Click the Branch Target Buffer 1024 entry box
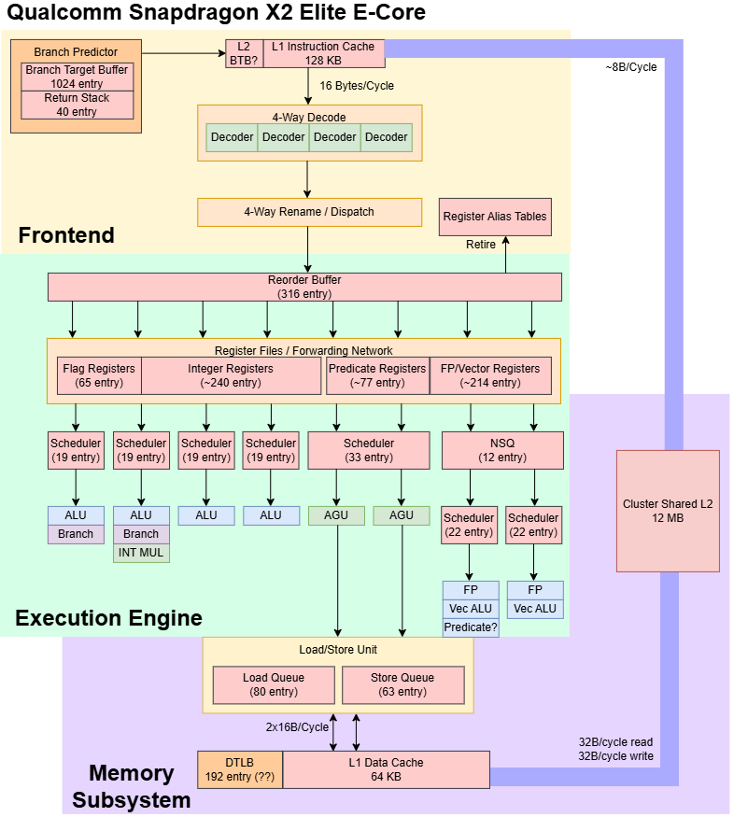(78, 77)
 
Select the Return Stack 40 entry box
(78, 105)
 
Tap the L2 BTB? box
(245, 53)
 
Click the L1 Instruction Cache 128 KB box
(324, 53)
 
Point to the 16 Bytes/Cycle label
(357, 86)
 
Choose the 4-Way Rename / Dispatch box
(309, 212)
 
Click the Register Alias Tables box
(495, 217)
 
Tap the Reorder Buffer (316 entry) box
(304, 287)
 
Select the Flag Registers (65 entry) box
(99, 375)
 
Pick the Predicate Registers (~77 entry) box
(377, 375)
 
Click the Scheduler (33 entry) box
(369, 450)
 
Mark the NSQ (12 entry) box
(502, 450)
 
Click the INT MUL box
(141, 553)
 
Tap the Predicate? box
(471, 627)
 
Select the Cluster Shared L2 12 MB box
(668, 511)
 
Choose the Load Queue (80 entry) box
(274, 684)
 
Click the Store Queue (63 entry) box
(402, 684)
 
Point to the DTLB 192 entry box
(240, 769)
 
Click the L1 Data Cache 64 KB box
(386, 769)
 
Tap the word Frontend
(66, 235)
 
